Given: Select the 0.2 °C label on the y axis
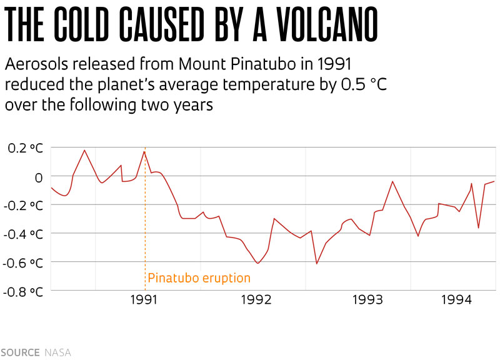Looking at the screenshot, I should (26, 148).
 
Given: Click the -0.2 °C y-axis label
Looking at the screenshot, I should (24, 205).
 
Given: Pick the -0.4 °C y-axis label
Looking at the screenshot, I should (24, 234).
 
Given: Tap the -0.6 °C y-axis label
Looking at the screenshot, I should (24, 262).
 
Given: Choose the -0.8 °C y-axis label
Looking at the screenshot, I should (24, 291).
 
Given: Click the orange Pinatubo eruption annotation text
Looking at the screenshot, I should (199, 278).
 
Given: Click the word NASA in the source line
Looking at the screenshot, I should (57, 352).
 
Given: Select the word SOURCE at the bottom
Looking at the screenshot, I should (20, 352).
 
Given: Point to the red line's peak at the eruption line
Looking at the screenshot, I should (144, 151).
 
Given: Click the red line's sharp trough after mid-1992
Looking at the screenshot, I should (316, 264).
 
